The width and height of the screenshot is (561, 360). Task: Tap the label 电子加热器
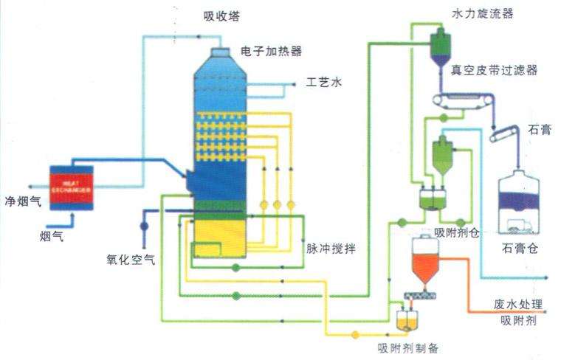pyautogui.click(x=271, y=51)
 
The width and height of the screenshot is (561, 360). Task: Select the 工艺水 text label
pyautogui.click(x=324, y=82)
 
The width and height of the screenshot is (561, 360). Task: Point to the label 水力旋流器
pyautogui.click(x=482, y=13)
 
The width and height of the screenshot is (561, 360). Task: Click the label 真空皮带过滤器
pyautogui.click(x=494, y=70)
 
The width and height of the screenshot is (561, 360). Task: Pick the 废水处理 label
pyautogui.click(x=518, y=303)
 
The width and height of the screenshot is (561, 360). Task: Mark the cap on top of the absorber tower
pyautogui.click(x=220, y=54)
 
